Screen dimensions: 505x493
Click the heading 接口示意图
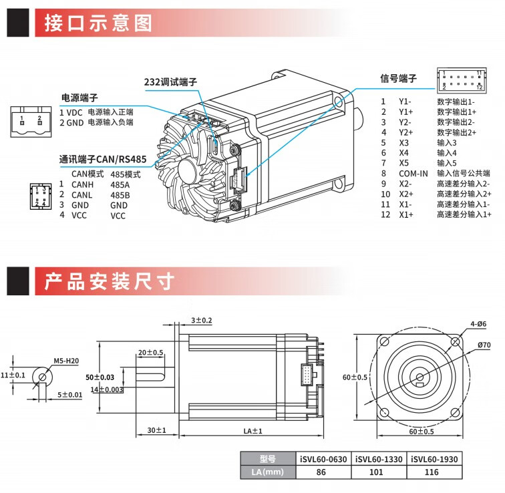point(98,23)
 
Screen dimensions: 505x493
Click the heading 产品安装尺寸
point(109,281)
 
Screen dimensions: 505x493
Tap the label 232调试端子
point(170,81)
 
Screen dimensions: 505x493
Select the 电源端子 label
point(79,98)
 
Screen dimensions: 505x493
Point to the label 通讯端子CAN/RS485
point(103,159)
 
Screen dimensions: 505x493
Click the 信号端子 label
point(398,78)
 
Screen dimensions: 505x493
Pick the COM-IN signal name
point(413,174)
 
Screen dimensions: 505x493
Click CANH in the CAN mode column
point(82,184)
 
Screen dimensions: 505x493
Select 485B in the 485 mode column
point(120,195)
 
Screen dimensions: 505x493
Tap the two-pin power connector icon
point(31,122)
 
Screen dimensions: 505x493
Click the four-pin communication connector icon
point(41,196)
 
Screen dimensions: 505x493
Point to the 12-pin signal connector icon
point(462,81)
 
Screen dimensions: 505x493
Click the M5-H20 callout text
point(66,361)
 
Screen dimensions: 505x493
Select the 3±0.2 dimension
point(202,320)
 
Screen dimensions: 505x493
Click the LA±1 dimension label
point(252,431)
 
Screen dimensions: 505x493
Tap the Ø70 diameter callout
point(484,345)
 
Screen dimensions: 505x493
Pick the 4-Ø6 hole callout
point(478,324)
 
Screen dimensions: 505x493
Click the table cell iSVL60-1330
point(379,459)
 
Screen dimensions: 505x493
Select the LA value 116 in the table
point(432,472)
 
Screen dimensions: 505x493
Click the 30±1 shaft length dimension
point(156,430)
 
